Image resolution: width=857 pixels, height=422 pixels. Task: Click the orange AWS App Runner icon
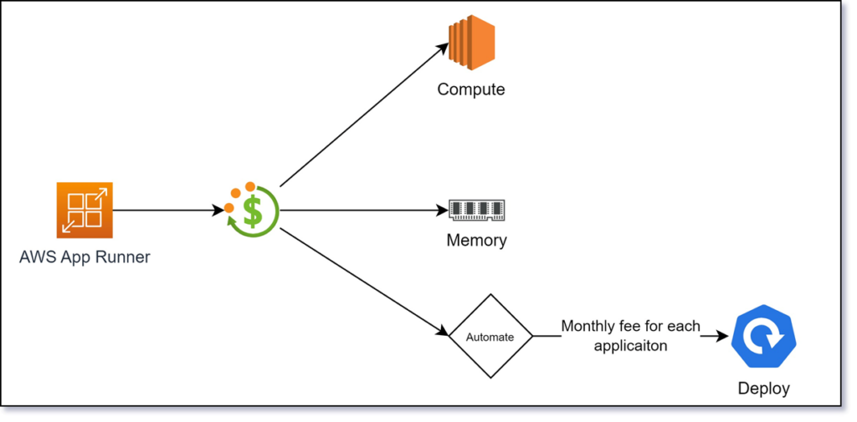[85, 210]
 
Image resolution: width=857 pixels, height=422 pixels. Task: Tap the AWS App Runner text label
[85, 257]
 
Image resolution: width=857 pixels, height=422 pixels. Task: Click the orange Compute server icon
[471, 40]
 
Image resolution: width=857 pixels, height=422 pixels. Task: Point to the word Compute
[471, 89]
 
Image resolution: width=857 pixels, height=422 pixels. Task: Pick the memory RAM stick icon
[476, 210]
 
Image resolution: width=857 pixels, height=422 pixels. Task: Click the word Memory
[476, 241]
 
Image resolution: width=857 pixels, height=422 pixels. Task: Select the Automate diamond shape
[490, 336]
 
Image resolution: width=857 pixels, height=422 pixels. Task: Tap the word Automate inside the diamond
[490, 337]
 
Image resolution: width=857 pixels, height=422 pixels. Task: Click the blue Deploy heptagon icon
[763, 338]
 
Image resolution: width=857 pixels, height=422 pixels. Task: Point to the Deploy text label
[763, 388]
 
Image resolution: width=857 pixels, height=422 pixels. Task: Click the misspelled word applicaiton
[630, 345]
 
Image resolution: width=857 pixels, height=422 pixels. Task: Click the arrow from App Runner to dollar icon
[167, 210]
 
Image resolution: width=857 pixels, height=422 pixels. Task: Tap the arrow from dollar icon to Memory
[360, 210]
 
